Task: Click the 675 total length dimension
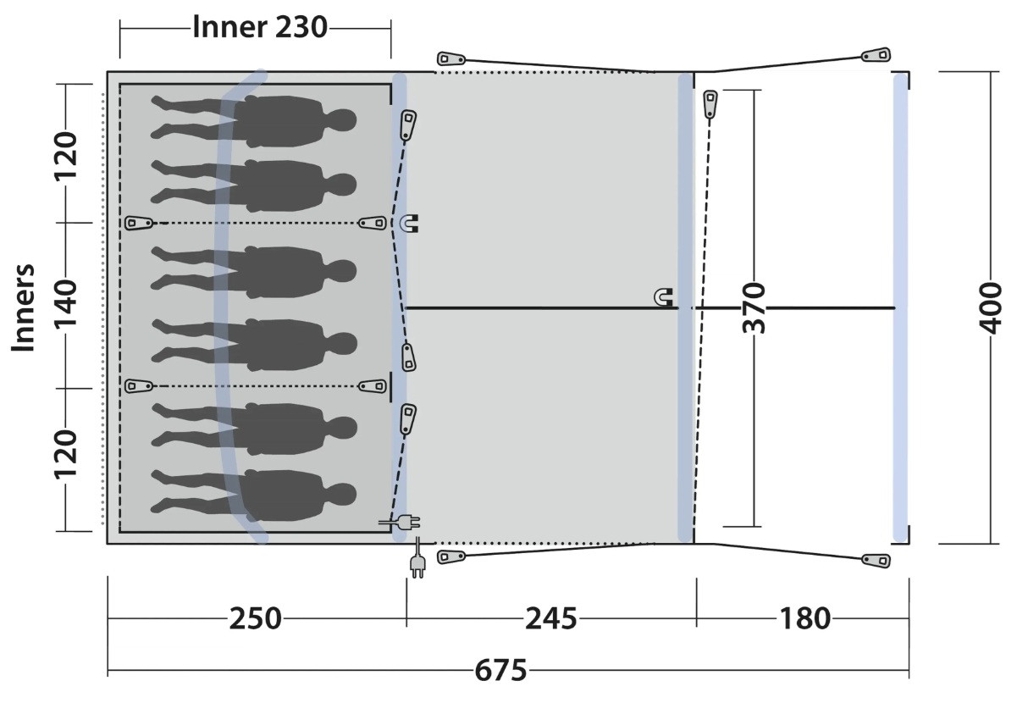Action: (500, 671)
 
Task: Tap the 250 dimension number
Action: (255, 618)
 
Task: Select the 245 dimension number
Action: (550, 618)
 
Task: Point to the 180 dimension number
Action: (805, 618)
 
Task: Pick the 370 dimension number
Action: (754, 307)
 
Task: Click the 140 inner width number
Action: (66, 304)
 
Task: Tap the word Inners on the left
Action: (23, 307)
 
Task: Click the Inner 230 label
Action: (260, 27)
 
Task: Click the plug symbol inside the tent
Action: (400, 523)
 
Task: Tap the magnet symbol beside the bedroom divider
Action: (409, 223)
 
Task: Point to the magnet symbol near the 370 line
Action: (663, 297)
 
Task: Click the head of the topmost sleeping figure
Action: (341, 120)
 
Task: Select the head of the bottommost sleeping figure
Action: (341, 494)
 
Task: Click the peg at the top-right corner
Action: (876, 55)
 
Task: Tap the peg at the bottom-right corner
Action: (876, 561)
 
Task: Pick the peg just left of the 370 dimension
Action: (710, 104)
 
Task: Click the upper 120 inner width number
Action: (66, 156)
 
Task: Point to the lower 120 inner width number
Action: (66, 454)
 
